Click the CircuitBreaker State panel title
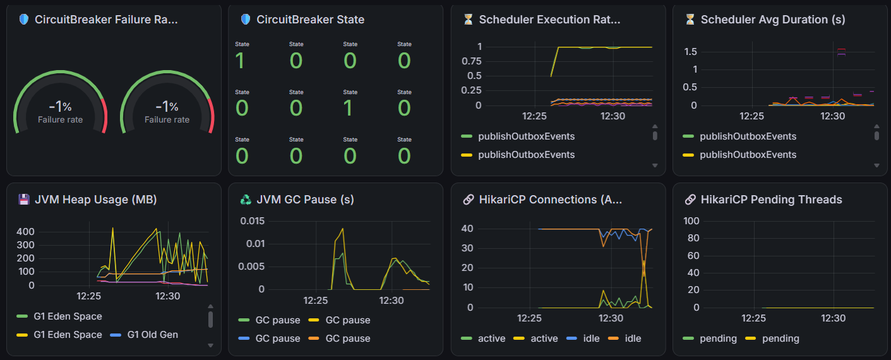point(310,20)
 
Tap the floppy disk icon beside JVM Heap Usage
point(24,200)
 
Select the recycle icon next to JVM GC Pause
point(246,200)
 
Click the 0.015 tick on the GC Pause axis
point(252,221)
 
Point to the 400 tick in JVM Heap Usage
point(25,232)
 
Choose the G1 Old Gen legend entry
point(144,335)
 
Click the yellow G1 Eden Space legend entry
point(59,335)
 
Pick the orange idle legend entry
point(625,339)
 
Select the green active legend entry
point(483,339)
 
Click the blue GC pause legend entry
point(269,339)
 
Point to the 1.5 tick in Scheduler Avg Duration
point(690,52)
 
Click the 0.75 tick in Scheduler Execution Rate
point(471,61)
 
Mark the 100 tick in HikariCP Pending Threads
point(691,221)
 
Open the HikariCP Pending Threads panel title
point(771,200)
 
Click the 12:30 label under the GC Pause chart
point(392,301)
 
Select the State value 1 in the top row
point(239,61)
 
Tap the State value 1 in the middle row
point(348,108)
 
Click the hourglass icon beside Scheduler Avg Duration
point(690,19)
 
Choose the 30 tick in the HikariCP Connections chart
point(467,248)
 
